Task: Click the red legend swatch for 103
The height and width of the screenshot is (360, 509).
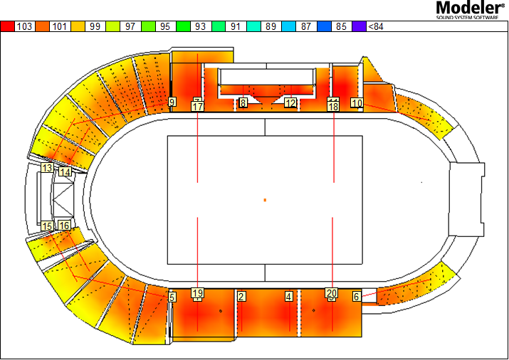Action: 7,26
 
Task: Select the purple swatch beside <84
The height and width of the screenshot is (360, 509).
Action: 359,26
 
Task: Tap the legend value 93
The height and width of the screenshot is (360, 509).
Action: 200,26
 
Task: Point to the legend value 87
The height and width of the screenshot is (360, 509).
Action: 306,26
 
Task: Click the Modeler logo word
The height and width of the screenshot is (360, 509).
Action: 470,7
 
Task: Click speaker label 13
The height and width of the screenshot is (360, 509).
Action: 47,168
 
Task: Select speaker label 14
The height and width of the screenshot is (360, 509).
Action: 65,171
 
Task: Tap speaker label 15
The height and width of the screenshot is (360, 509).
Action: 47,226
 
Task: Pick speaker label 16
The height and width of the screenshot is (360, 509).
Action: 64,225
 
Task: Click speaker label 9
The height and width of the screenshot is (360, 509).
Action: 172,102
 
